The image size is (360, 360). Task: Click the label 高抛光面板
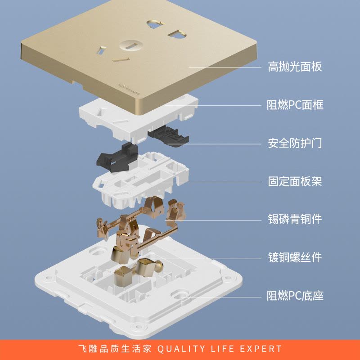click(295, 67)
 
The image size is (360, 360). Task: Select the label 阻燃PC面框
click(295, 105)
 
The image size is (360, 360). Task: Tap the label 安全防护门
click(295, 143)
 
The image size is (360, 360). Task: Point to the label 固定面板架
click(295, 181)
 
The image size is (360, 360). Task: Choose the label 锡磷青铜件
click(295, 219)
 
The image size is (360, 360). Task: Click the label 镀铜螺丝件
click(295, 257)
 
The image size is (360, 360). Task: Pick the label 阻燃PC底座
click(295, 296)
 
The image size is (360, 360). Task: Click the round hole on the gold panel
click(130, 45)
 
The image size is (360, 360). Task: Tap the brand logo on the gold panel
click(130, 89)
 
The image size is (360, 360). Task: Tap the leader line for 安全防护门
click(215, 144)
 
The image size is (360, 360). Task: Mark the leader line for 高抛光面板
click(225, 67)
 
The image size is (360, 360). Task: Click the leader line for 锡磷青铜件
click(213, 220)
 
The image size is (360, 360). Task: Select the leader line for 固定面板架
click(211, 182)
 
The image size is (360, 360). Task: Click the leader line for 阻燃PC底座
click(221, 297)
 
